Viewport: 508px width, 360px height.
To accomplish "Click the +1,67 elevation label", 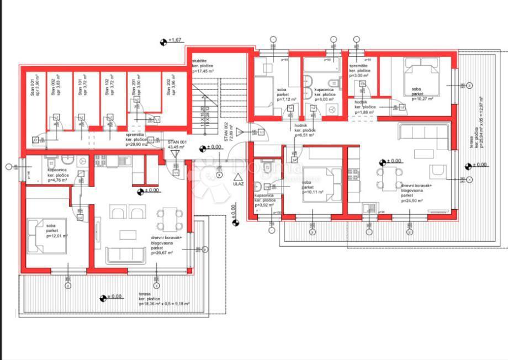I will tap(175, 41).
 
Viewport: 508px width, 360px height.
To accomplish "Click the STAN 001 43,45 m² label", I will tap(177, 145).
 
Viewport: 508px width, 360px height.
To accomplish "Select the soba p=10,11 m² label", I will tap(313, 187).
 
